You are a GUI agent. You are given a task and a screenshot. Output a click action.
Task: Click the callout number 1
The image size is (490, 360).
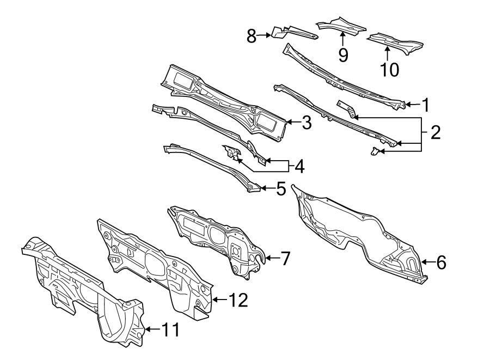426,104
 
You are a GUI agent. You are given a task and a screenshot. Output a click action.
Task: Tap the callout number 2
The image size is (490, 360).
435,132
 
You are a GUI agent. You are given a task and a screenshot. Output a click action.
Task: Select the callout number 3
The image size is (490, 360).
306,123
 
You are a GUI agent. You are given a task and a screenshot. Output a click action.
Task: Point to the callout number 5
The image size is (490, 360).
280,189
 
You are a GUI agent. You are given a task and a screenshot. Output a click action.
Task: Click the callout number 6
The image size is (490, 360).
440,263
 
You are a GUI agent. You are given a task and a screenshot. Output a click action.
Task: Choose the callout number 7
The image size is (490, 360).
285,258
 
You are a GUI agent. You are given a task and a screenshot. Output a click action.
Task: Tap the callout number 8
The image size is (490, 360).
252,36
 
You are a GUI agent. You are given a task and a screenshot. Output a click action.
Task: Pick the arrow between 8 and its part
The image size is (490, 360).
265,36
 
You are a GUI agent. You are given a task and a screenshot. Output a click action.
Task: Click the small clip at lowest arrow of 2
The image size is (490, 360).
375,151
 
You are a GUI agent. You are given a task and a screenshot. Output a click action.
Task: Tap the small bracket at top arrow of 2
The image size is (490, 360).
347,108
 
